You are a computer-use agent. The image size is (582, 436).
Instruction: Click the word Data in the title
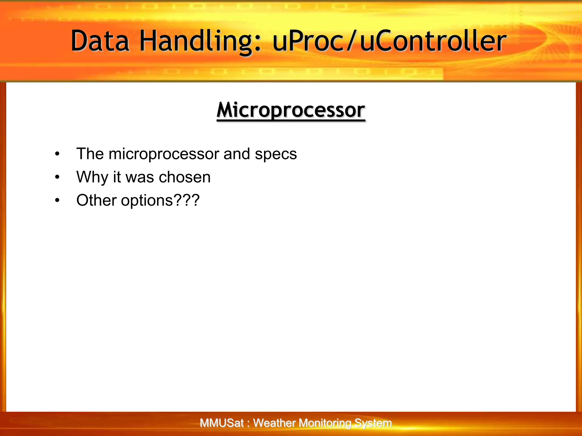pyautogui.click(x=100, y=41)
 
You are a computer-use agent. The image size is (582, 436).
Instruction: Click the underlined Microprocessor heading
pyautogui.click(x=291, y=110)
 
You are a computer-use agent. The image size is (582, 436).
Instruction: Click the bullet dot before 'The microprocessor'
pyautogui.click(x=57, y=154)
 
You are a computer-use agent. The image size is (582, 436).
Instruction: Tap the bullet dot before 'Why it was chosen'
pyautogui.click(x=57, y=177)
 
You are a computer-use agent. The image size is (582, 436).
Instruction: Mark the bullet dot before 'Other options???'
pyautogui.click(x=57, y=201)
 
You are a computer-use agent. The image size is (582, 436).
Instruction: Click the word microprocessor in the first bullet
pyautogui.click(x=164, y=154)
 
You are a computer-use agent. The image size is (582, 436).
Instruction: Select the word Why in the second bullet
pyautogui.click(x=92, y=177)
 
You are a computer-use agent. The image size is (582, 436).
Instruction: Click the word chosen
pyautogui.click(x=185, y=177)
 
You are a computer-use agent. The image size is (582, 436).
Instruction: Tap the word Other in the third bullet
pyautogui.click(x=96, y=200)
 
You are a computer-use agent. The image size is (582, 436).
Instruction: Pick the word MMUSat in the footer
pyautogui.click(x=221, y=423)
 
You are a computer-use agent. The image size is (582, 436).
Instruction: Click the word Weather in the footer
pyautogui.click(x=274, y=423)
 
